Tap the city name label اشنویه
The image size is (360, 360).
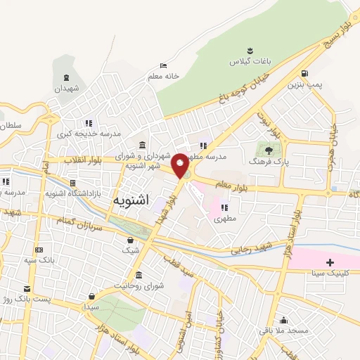[x=131, y=200]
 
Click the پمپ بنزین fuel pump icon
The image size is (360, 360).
[x=304, y=73]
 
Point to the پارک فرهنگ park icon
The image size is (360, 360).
[x=267, y=149]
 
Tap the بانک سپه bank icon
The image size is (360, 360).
[x=39, y=250]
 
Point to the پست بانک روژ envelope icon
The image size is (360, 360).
[x=27, y=288]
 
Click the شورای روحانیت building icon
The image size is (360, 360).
[x=139, y=274]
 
